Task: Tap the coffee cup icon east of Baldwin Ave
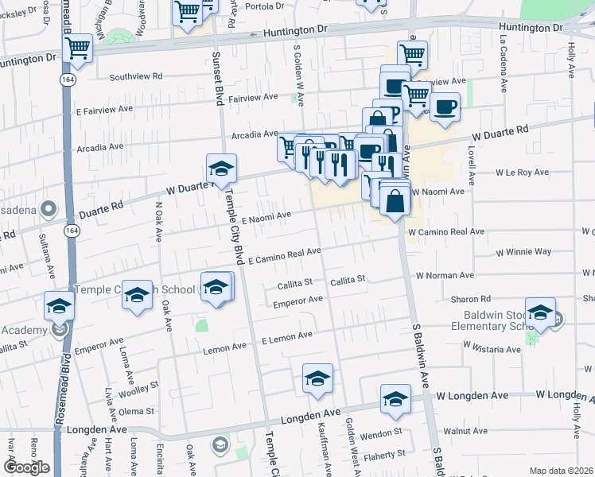click(445, 105)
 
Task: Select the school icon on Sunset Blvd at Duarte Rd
click(221, 168)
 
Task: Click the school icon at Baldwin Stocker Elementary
click(540, 312)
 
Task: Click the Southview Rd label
click(136, 77)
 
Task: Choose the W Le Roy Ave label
click(522, 172)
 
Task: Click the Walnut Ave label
click(465, 431)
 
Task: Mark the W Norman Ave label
click(444, 276)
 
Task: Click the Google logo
click(25, 467)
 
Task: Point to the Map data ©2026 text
click(561, 471)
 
